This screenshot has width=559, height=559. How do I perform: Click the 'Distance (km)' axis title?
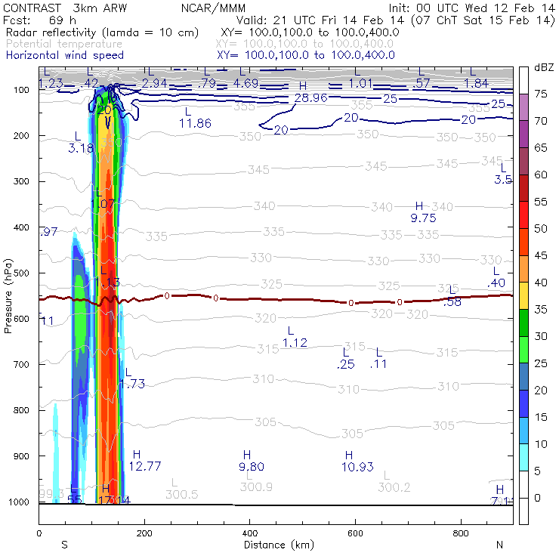(276, 545)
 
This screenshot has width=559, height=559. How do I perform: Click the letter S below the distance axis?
(65, 545)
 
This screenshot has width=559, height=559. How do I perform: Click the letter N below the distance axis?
(499, 545)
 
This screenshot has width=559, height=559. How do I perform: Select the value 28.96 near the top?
(310, 98)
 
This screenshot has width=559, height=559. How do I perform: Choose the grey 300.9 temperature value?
(256, 487)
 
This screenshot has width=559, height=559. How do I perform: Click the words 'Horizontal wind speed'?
(65, 55)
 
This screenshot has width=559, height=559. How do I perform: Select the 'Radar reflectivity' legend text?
(52, 33)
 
